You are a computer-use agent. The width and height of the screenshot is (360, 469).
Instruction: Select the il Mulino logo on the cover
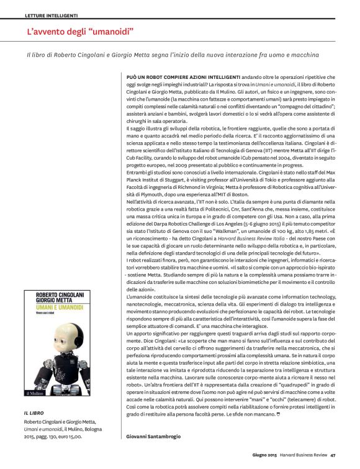[x=36, y=392]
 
